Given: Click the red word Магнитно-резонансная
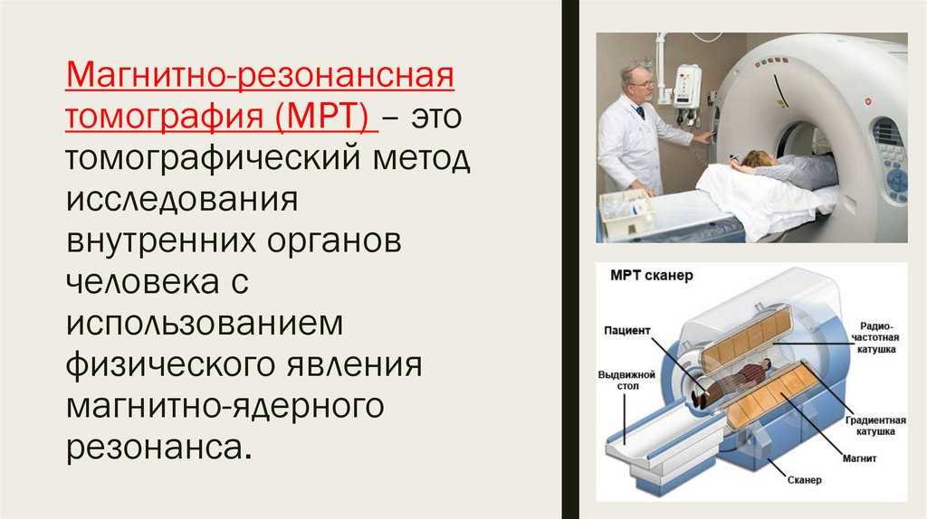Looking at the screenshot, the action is point(260,76).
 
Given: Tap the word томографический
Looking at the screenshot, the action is point(213,158).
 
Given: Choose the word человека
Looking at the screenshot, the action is point(142,281).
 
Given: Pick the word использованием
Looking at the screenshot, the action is point(205,323).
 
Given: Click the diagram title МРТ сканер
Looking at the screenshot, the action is point(651,275).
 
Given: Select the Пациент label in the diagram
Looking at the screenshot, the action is point(626,331).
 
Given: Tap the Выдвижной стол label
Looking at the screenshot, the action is point(626,381).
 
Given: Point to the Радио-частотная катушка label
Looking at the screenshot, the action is point(875,338).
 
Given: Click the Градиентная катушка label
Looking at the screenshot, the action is point(875,426).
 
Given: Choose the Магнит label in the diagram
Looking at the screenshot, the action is point(859,458).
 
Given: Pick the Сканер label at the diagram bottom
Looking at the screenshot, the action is point(804,480).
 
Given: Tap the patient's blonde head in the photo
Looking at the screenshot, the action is point(755,159).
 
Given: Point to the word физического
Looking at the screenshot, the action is point(171,365).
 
